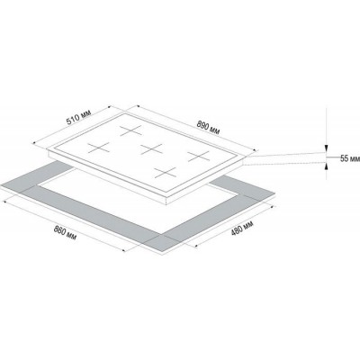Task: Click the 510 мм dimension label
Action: click(78, 117)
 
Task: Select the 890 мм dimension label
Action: click(208, 127)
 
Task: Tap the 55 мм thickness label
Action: click(350, 158)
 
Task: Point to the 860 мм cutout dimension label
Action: click(65, 233)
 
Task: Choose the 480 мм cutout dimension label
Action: click(242, 229)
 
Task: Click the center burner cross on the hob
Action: click(152, 148)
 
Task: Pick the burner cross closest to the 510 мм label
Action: click(130, 130)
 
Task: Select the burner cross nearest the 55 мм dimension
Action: click(198, 156)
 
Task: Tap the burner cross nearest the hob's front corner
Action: click(166, 173)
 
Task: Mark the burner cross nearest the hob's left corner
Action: click(99, 148)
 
